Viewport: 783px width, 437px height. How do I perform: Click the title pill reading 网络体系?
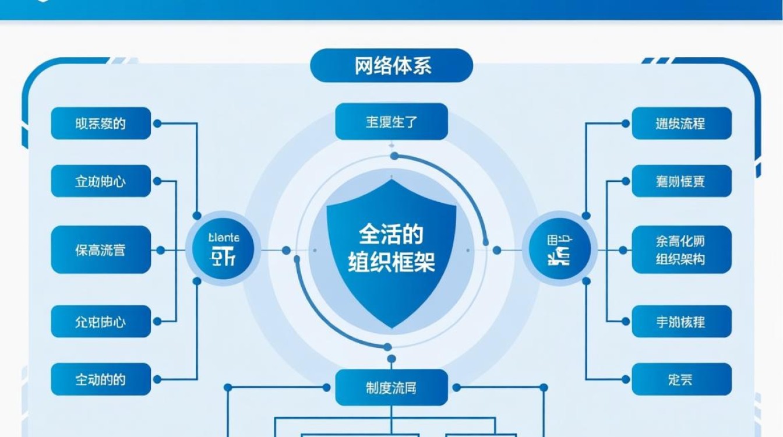pos(391,65)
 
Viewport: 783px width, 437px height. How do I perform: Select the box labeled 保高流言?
pos(100,250)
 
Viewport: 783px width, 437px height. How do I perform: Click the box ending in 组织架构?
pos(681,250)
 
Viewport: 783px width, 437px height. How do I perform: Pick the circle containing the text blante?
pos(223,249)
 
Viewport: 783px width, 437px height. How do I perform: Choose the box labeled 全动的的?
pos(100,380)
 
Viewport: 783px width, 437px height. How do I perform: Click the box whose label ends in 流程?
pos(681,123)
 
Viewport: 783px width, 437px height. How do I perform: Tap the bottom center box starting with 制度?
pos(391,387)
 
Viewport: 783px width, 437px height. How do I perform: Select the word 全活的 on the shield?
pos(391,234)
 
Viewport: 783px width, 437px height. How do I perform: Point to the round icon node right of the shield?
pos(559,249)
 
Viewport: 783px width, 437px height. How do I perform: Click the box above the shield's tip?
pos(391,122)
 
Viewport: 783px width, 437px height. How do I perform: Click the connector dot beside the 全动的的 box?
pos(157,380)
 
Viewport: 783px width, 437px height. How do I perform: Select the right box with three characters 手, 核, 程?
pos(681,321)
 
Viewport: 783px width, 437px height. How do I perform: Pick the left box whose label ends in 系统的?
pos(100,123)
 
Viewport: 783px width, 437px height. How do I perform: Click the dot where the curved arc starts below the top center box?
pos(394,156)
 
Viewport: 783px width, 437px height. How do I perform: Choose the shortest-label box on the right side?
pos(681,380)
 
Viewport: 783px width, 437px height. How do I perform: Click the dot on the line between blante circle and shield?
pos(286,250)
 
